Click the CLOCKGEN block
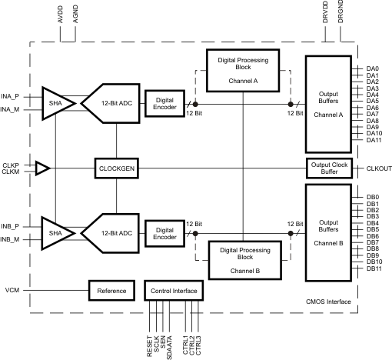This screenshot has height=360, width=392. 116,168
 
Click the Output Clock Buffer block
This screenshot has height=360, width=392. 329,168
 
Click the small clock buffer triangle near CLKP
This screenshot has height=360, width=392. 43,168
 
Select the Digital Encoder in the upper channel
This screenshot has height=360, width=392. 164,104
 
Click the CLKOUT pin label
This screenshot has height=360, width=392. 378,168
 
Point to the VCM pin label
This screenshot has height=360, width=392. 12,292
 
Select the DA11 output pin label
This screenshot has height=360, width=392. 374,140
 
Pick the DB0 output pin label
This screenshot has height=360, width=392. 373,197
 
